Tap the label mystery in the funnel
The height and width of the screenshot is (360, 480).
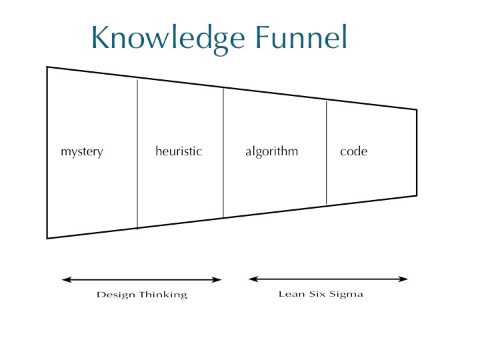point(82,152)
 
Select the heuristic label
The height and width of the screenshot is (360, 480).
point(179,151)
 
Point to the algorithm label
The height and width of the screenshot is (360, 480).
point(271,152)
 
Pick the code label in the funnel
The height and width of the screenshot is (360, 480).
point(353,151)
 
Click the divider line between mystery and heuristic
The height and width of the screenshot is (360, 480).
point(137,153)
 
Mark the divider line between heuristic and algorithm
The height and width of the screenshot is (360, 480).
point(223,153)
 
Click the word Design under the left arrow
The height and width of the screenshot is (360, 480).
point(116,295)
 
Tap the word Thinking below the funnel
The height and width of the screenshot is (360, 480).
point(163,295)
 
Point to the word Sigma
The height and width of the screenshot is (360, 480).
point(347,295)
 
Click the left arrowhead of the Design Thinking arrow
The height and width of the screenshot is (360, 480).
point(65,280)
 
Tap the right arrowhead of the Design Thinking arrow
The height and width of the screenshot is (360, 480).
point(218,280)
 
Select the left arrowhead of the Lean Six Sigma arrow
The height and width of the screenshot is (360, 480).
point(251,279)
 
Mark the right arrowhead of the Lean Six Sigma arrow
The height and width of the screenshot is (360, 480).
point(405,279)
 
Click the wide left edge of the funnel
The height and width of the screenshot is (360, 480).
point(47,152)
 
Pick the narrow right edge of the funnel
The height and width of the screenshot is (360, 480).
point(417,152)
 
